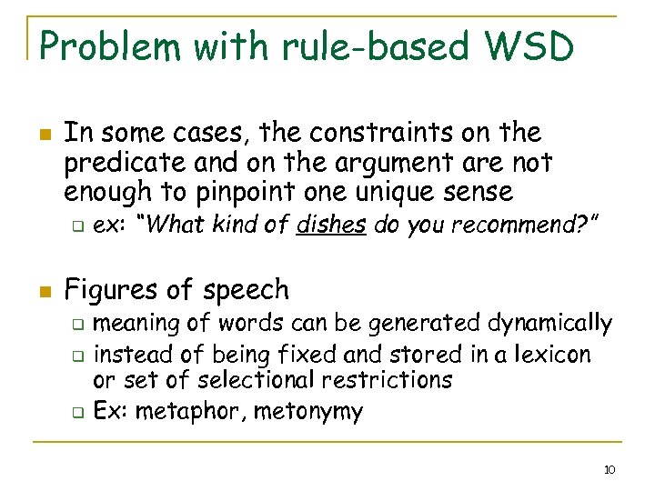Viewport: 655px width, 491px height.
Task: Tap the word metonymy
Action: click(308, 412)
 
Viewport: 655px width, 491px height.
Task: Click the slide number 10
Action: click(610, 470)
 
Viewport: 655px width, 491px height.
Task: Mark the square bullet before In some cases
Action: click(45, 135)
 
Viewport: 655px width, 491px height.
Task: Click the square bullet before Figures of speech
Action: click(45, 292)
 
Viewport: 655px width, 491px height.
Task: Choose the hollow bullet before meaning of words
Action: click(79, 325)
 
